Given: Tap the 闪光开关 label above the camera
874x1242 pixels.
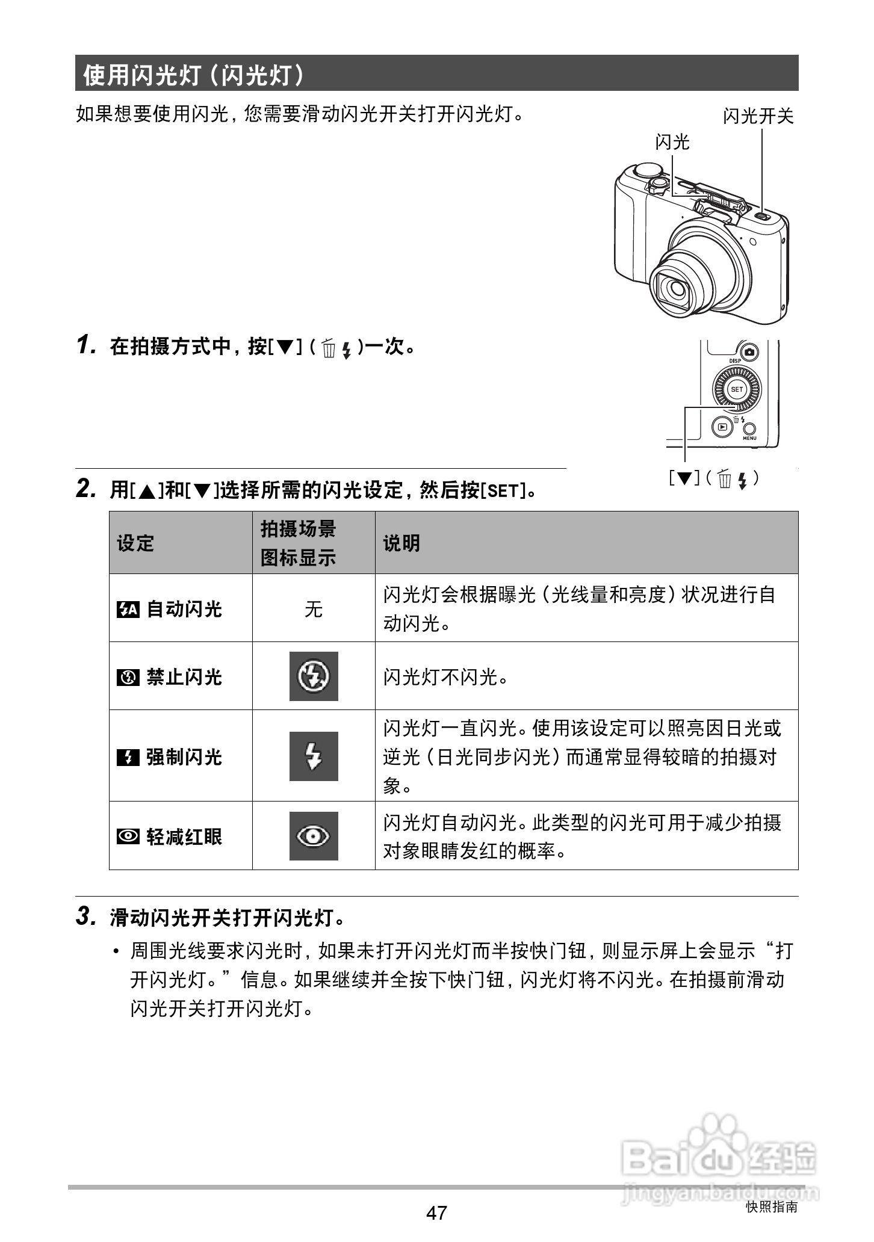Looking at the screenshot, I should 758,116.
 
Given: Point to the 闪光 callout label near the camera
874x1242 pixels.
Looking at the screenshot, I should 672,142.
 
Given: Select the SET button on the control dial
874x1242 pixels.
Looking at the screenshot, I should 737,389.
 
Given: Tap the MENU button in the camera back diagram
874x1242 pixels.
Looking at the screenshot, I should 749,428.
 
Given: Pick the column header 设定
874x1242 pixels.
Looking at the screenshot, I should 135,543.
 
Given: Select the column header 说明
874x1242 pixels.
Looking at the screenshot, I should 401,543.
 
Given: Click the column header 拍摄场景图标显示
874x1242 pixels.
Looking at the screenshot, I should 299,543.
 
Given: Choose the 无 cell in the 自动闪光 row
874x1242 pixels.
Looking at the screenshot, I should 313,609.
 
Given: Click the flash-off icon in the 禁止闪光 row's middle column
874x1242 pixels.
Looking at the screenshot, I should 314,676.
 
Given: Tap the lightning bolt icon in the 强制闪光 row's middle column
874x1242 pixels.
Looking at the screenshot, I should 314,756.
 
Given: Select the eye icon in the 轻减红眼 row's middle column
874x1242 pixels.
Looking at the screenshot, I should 314,836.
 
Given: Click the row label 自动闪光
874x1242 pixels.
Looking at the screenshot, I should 184,609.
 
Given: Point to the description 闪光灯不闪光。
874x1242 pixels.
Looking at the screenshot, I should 446,678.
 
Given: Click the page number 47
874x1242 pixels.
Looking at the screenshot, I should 436,1212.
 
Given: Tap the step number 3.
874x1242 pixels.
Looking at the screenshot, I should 85,916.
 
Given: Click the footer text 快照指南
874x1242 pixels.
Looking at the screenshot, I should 771,1206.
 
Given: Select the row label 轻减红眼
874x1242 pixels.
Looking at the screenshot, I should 184,836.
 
